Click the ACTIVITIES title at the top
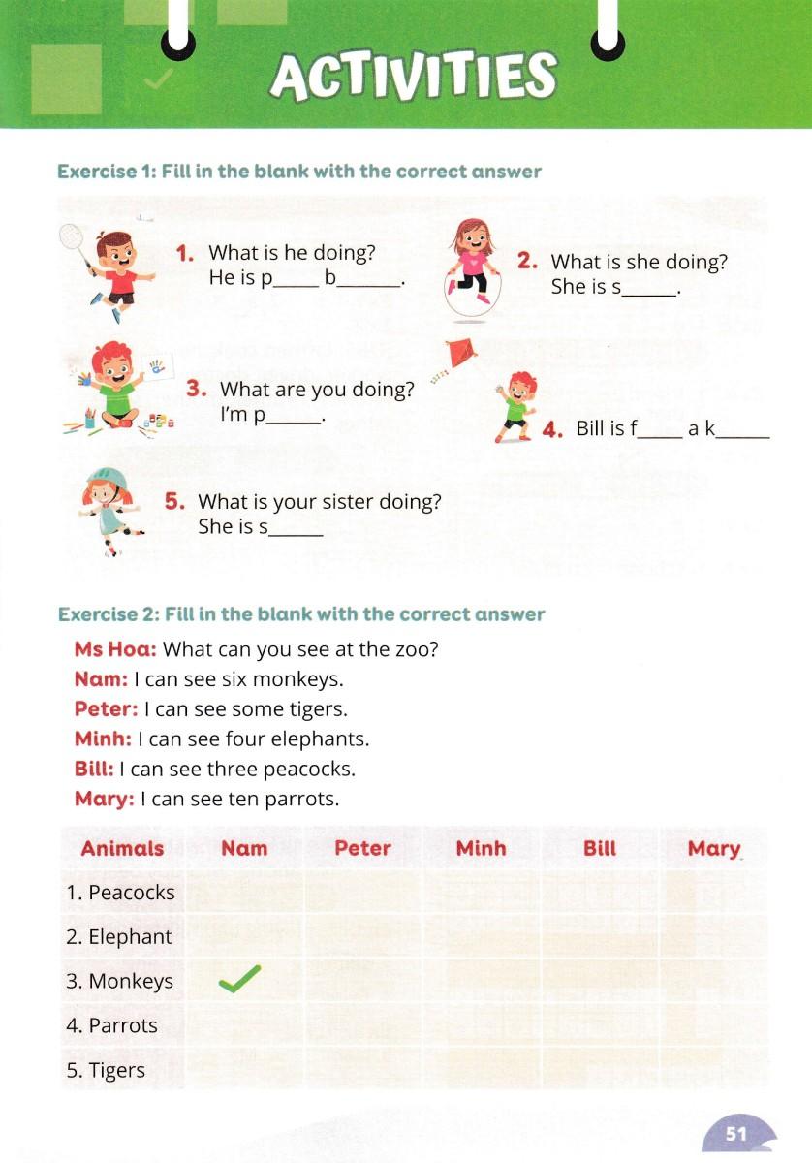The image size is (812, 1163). pos(414,76)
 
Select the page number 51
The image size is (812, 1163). pos(738,1133)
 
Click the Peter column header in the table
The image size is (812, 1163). pos(362,848)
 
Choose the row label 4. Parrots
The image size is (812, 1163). pos(112,1025)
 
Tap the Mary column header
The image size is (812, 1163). pos(713,848)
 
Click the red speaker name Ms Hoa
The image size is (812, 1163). pos(115,648)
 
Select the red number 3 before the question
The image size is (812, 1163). pos(197,389)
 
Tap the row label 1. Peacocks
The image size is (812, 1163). pos(120,892)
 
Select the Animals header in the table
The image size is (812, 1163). pos(122,848)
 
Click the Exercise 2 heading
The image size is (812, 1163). pos(301,614)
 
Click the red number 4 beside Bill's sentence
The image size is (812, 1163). pos(553,430)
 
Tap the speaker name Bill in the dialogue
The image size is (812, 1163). pos(94,769)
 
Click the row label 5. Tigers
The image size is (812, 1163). pos(106,1070)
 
